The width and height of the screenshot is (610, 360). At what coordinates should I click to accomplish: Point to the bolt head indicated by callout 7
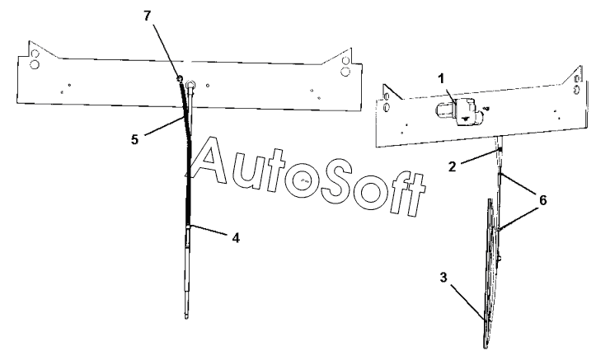178,79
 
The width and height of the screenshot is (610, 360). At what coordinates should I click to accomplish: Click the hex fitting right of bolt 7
191,82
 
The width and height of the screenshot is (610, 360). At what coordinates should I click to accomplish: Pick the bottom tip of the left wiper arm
188,315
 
